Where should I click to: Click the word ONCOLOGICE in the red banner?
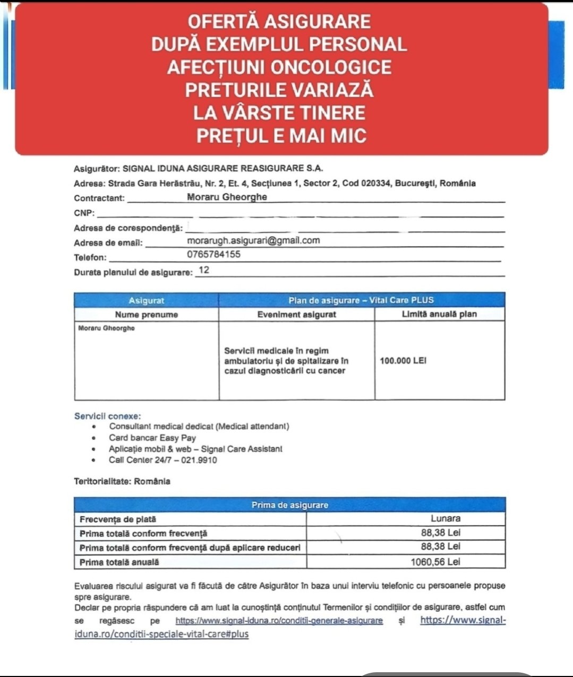[x=331, y=67]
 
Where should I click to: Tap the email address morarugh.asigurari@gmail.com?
[x=253, y=240]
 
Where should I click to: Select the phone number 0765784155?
[x=213, y=254]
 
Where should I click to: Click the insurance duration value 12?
[x=203, y=270]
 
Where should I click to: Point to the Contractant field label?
[x=99, y=198]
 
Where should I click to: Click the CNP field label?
[x=84, y=213]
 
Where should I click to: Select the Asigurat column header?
[x=146, y=300]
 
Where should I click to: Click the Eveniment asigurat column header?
[x=296, y=314]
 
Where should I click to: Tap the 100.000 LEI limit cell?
[x=403, y=361]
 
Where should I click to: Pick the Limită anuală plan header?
[x=439, y=314]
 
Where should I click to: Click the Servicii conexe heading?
[x=107, y=416]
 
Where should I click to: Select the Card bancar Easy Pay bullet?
[x=152, y=438]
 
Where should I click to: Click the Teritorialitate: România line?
[x=122, y=481]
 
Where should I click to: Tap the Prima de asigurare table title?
[x=289, y=505]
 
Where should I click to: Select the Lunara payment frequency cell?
[x=445, y=518]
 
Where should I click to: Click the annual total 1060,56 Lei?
[x=435, y=561]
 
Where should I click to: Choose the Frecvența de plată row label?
[x=118, y=519]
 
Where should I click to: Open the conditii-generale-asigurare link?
[x=279, y=620]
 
